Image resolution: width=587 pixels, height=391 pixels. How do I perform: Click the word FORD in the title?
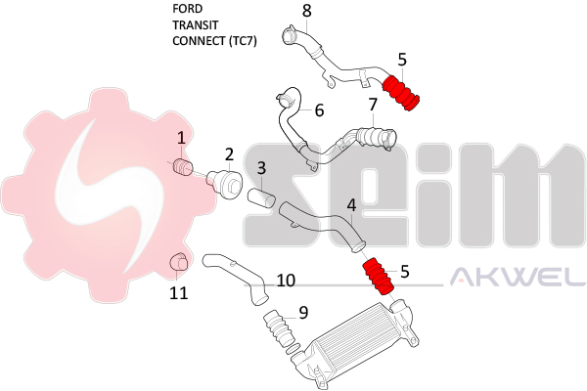pyautogui.click(x=188, y=9)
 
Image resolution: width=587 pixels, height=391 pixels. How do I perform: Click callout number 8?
pyautogui.click(x=306, y=11)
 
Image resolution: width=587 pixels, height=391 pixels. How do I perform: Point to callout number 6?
pyautogui.click(x=319, y=110)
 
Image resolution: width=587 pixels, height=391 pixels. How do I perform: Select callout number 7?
pyautogui.click(x=373, y=104)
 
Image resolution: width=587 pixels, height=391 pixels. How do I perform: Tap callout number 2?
pyautogui.click(x=229, y=153)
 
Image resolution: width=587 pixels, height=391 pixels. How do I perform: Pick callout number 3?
pyautogui.click(x=261, y=169)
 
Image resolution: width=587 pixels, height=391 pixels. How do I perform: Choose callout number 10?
pyautogui.click(x=286, y=281)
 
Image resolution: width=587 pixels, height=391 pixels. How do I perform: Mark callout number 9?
pyautogui.click(x=303, y=313)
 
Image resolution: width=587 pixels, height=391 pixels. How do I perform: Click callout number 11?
pyautogui.click(x=178, y=291)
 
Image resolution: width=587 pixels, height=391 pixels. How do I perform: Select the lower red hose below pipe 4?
pyautogui.click(x=379, y=277)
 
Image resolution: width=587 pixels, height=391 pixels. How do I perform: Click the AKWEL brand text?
pyautogui.click(x=517, y=280)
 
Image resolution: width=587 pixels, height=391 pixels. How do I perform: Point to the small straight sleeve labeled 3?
pyautogui.click(x=262, y=198)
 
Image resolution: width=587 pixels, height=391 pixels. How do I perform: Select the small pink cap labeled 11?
pyautogui.click(x=179, y=262)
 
